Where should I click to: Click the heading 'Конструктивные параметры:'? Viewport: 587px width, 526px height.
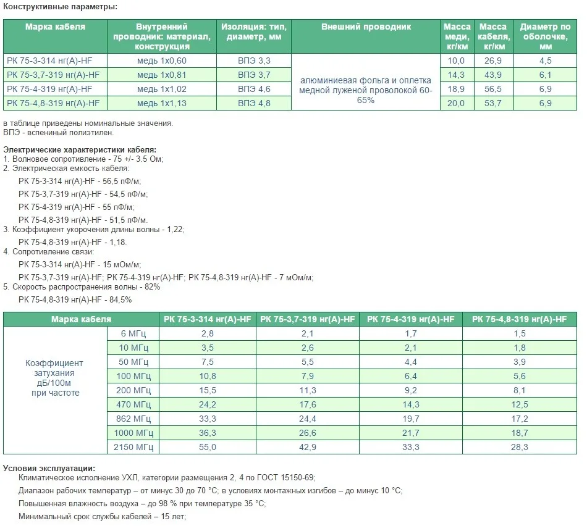[60, 7]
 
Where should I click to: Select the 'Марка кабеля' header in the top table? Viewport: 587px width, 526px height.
[55, 27]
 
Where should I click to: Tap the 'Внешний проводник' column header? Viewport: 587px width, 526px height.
[366, 27]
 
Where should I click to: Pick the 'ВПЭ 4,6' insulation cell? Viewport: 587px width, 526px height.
[254, 89]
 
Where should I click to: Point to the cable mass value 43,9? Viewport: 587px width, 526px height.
[492, 75]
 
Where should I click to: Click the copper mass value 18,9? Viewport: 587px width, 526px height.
[455, 89]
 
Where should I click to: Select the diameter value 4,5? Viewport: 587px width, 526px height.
[545, 61]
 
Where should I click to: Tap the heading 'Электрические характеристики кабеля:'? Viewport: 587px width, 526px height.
[80, 150]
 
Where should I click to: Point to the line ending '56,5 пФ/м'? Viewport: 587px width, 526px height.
[80, 181]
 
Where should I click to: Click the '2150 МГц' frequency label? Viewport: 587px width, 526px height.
[134, 447]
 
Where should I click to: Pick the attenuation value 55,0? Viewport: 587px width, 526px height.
[208, 447]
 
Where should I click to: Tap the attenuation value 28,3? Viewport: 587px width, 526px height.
[519, 447]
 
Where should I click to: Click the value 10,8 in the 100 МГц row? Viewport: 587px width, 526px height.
[208, 376]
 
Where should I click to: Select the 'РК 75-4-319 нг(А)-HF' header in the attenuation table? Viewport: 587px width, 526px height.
[410, 319]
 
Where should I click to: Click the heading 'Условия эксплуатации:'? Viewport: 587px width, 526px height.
[49, 467]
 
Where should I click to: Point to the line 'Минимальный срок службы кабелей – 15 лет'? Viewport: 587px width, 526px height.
[102, 516]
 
